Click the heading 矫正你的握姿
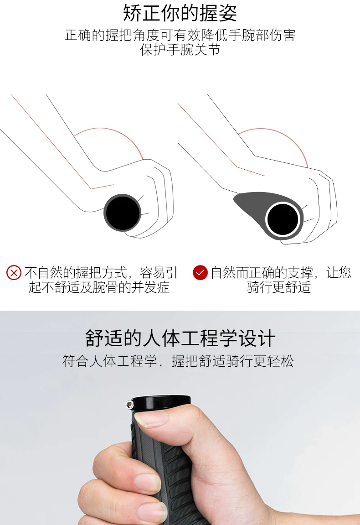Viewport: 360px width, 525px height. click(180, 13)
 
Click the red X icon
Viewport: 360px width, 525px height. click(14, 273)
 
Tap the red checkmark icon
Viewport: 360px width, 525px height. click(200, 273)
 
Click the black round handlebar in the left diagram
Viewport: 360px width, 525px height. click(123, 213)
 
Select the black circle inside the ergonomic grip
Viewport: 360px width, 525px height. click(283, 220)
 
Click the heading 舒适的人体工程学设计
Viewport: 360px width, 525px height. click(180, 338)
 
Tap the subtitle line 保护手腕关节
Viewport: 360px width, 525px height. click(180, 50)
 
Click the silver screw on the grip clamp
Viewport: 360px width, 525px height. click(129, 405)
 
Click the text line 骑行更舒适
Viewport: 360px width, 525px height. click(279, 287)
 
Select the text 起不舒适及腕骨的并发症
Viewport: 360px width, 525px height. click(99, 287)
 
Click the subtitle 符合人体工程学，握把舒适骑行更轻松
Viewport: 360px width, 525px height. click(178, 361)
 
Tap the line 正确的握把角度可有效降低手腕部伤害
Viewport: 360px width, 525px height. click(180, 35)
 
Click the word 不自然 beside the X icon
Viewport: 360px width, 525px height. click(43, 273)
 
